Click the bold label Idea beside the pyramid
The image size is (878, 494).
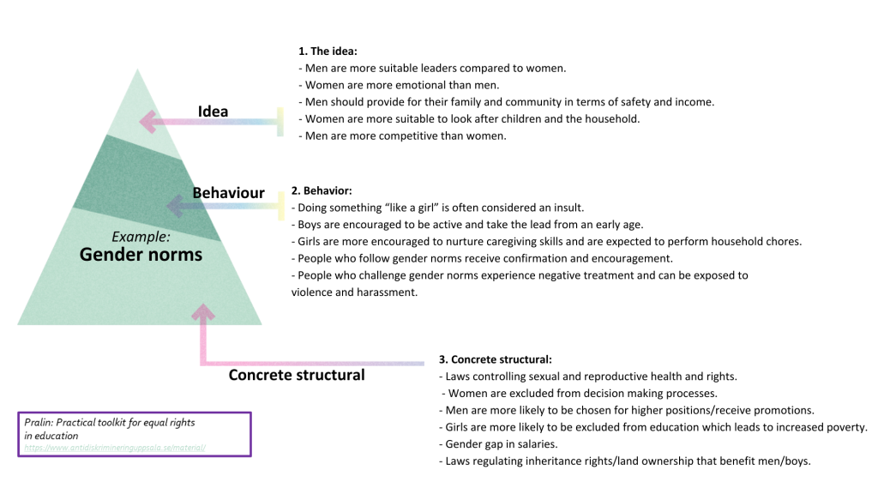pos(213,111)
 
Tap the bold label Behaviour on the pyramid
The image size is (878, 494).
pos(228,192)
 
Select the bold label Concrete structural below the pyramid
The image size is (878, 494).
pos(296,375)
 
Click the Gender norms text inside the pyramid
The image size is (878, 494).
pos(141,255)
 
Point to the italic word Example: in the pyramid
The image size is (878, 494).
pos(141,236)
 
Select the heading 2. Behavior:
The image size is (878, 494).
pos(322,190)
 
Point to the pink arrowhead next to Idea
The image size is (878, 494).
pos(149,122)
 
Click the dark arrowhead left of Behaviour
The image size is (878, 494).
pos(174,205)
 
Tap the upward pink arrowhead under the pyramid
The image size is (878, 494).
pos(204,310)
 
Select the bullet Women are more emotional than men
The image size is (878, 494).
pos(399,85)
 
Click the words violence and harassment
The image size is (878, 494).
pos(354,292)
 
